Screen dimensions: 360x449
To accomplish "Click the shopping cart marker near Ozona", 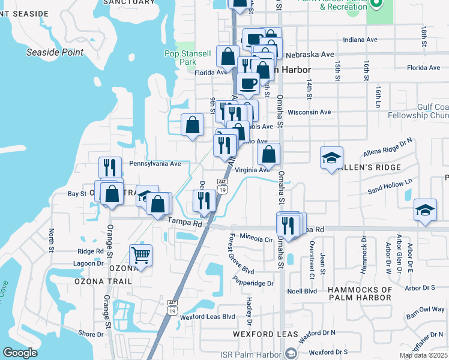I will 140,255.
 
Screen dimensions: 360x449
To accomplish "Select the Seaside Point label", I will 55,52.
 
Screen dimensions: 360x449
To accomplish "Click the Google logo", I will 20,353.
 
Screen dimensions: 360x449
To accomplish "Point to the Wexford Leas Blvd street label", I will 206,316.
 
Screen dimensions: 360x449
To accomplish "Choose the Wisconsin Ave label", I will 309,112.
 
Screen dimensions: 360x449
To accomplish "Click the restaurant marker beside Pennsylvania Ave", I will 110,167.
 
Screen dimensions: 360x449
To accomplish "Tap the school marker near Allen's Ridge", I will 331,158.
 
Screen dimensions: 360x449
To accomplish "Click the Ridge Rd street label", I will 91,251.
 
